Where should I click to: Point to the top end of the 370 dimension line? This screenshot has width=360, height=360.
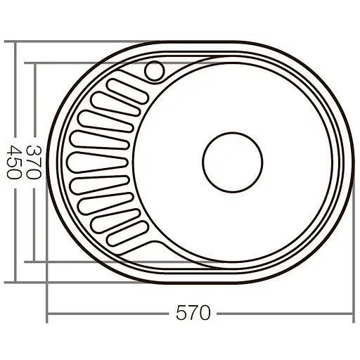tap(33, 63)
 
